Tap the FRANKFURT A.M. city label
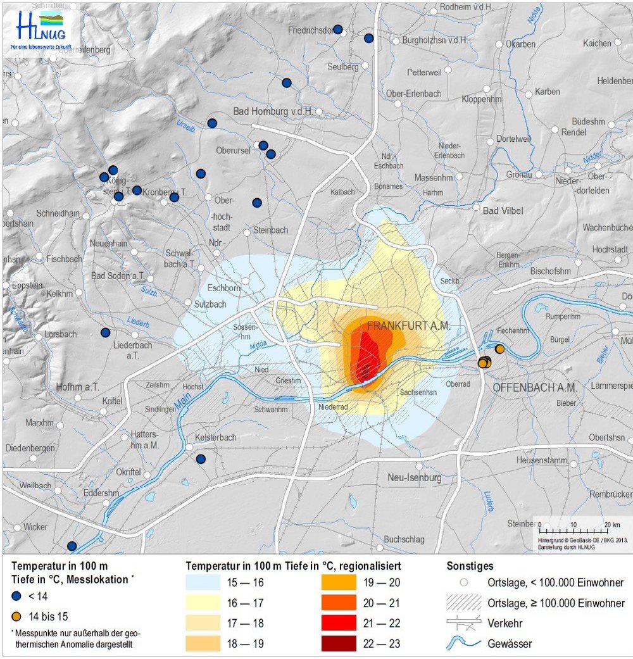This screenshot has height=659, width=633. [x=409, y=326]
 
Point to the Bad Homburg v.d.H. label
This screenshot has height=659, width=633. [x=273, y=111]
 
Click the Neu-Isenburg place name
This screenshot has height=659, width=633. [x=414, y=477]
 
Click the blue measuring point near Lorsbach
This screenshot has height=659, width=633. [x=106, y=332]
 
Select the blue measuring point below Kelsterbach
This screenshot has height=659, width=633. [x=201, y=459]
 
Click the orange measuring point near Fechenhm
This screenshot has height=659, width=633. [x=499, y=349]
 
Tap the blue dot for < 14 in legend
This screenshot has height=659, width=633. [x=17, y=596]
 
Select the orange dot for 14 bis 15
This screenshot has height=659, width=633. [x=17, y=616]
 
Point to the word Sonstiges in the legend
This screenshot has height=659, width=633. [x=470, y=566]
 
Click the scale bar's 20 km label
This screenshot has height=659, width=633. [x=611, y=525]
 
